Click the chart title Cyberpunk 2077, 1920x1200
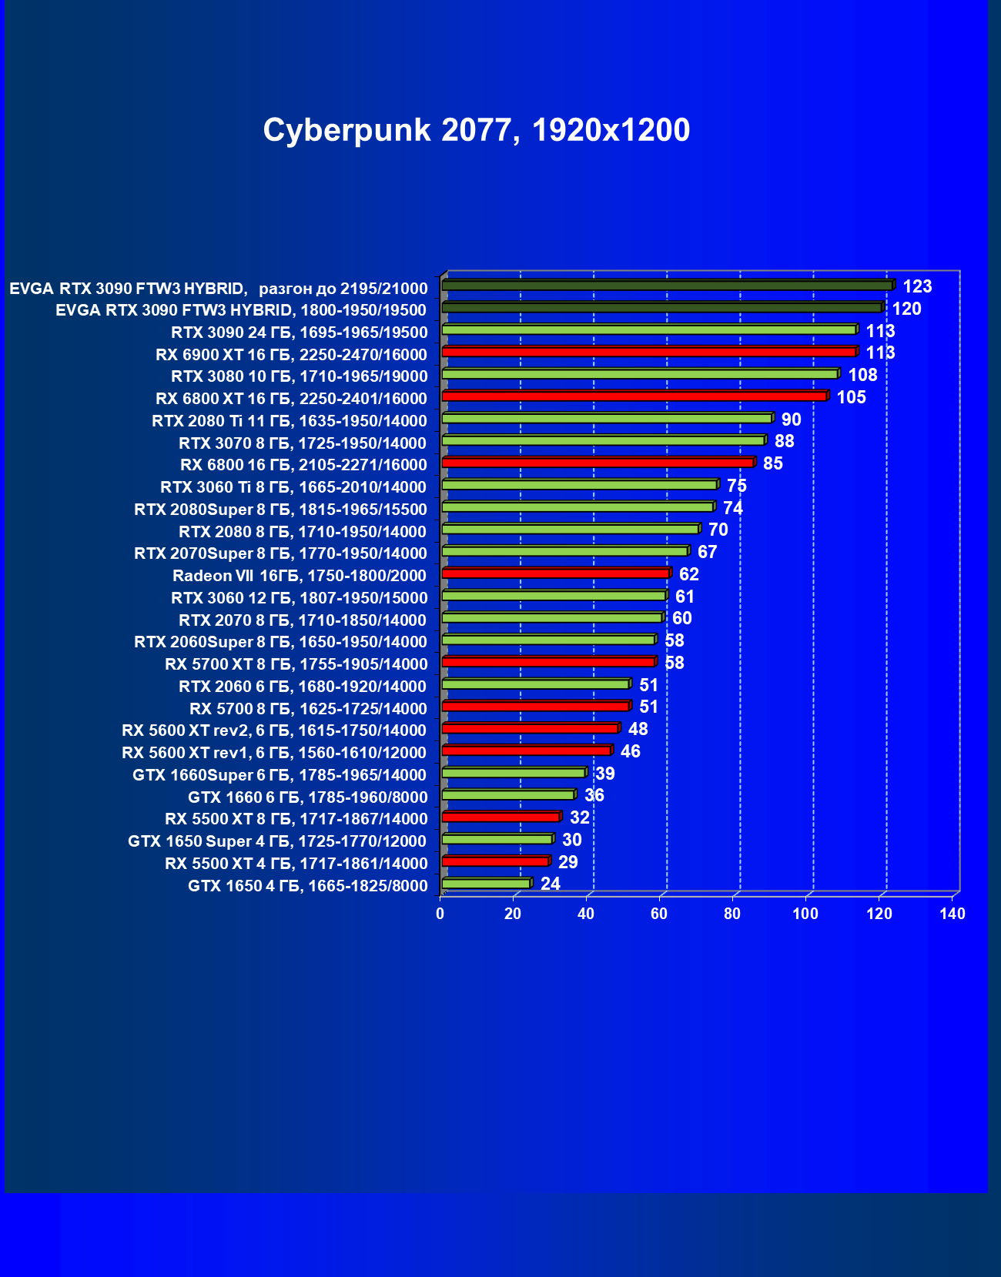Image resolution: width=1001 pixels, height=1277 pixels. (x=476, y=130)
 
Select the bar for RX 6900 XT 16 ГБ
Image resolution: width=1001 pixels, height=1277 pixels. (x=649, y=352)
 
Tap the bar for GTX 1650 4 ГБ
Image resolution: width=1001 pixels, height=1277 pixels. (x=487, y=884)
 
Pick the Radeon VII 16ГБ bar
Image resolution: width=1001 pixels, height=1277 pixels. (x=556, y=573)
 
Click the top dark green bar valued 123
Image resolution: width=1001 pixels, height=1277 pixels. (x=667, y=286)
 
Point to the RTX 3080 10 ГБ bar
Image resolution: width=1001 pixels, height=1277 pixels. (x=640, y=374)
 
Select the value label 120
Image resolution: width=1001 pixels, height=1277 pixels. (x=906, y=309)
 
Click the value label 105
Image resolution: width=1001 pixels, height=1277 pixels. (x=851, y=397)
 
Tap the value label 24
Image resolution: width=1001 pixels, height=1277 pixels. (x=550, y=884)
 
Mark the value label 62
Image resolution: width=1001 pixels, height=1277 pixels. (x=688, y=574)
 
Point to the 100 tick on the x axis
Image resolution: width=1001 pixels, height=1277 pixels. (x=805, y=914)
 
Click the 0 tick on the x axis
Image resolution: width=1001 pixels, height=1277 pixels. (x=440, y=914)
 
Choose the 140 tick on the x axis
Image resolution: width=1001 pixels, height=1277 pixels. (x=952, y=914)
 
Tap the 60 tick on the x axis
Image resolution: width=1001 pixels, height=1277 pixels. (x=659, y=914)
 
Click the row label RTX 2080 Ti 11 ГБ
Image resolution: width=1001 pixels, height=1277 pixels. (x=289, y=421)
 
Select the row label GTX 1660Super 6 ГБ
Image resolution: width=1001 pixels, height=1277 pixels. (x=279, y=775)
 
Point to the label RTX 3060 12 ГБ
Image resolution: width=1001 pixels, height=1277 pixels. (x=299, y=598)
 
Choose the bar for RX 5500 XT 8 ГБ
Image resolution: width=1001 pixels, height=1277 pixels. (x=501, y=817)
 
